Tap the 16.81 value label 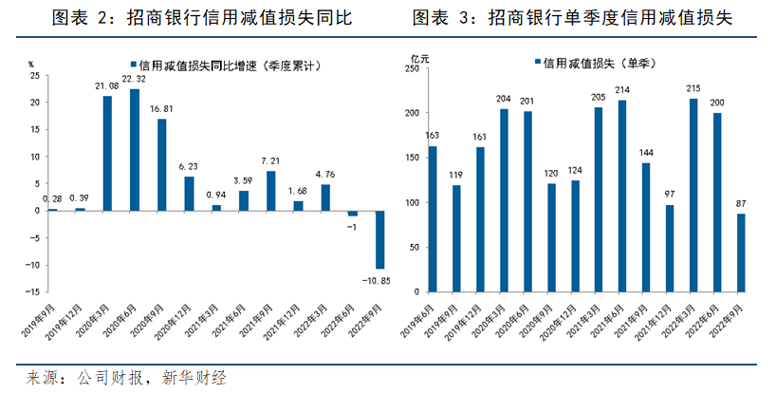(161, 109)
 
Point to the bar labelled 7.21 (271, 191)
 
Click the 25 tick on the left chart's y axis (34, 75)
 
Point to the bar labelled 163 (434, 218)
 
